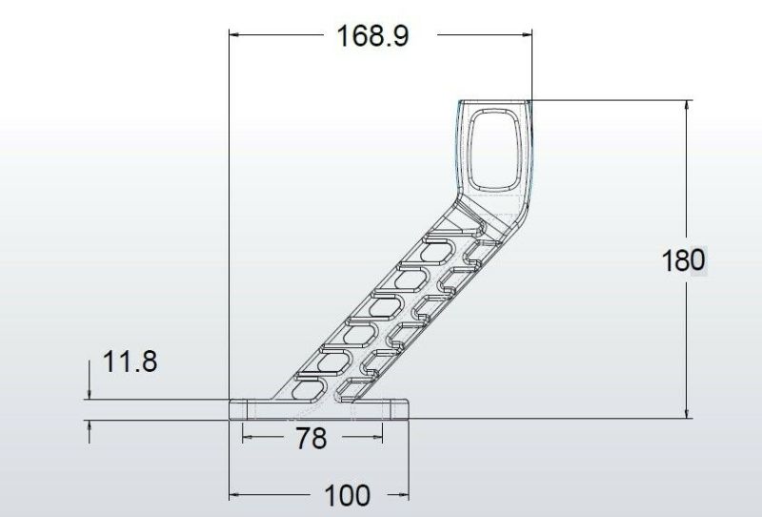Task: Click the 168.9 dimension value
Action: pos(372,36)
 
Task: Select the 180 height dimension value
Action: pos(683,260)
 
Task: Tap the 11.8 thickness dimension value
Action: pos(130,362)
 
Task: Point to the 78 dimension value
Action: pos(311,438)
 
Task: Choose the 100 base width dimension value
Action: pos(347,496)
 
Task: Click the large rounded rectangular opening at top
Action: pos(493,150)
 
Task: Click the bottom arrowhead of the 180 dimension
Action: pos(686,412)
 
